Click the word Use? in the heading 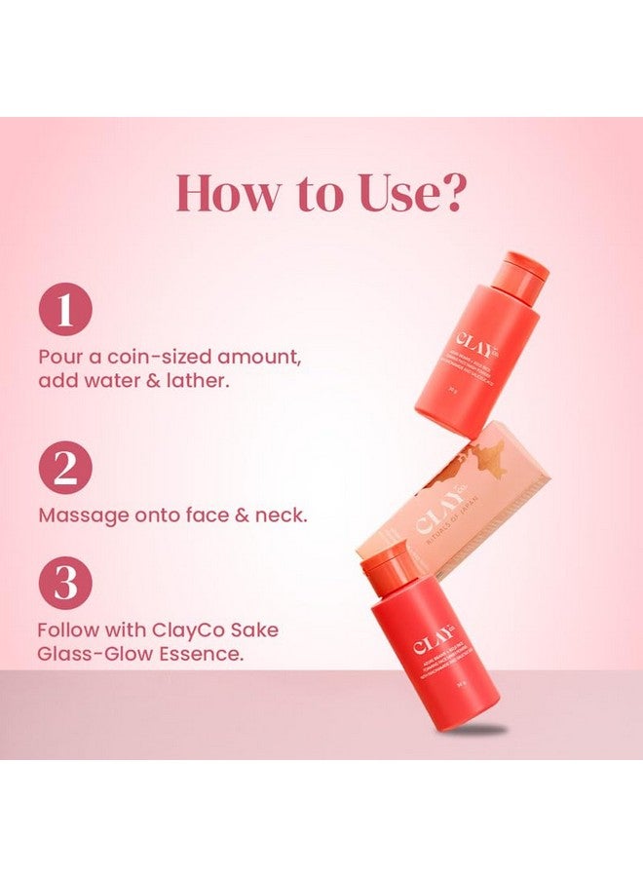408,193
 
